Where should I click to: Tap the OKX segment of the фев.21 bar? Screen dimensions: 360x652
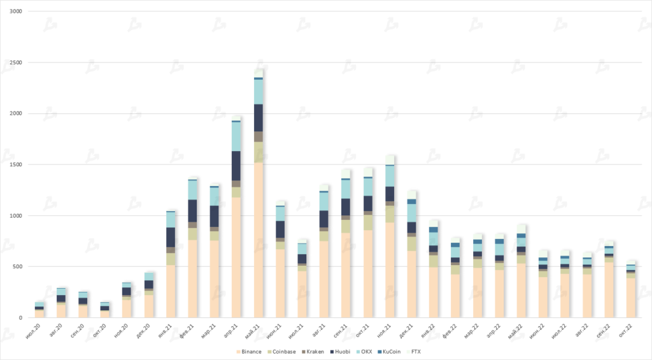click(x=193, y=190)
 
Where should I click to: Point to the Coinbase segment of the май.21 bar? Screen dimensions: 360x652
click(x=259, y=152)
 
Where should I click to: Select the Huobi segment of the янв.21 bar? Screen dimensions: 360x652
click(x=171, y=237)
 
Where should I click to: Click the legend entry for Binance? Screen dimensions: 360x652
click(x=250, y=352)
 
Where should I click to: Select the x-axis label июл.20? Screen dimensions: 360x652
click(x=36, y=331)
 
